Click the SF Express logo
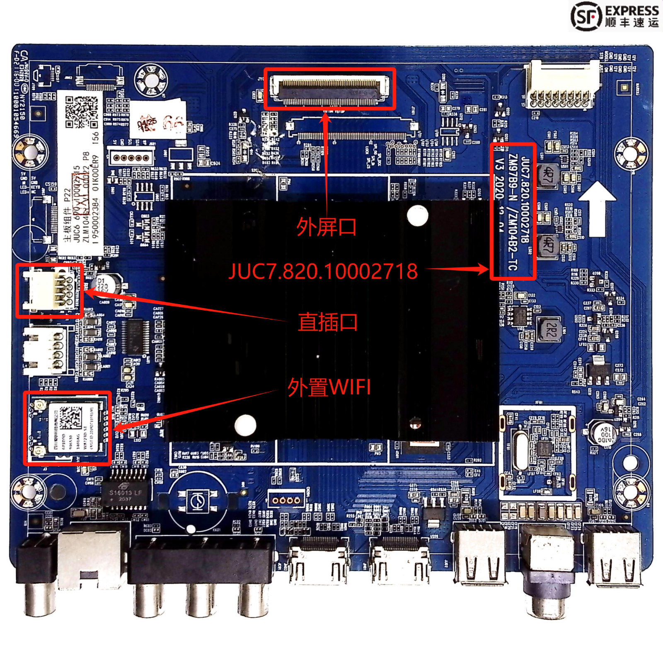(x=615, y=16)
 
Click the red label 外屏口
(x=327, y=227)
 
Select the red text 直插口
(x=327, y=322)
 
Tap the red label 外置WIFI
(x=329, y=387)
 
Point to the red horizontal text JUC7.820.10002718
(x=323, y=271)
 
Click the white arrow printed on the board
(x=597, y=207)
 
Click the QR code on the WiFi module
(x=70, y=417)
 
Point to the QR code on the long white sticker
(x=82, y=111)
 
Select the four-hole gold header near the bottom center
(x=286, y=500)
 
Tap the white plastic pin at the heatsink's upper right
(x=417, y=215)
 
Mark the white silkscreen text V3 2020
(x=500, y=178)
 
